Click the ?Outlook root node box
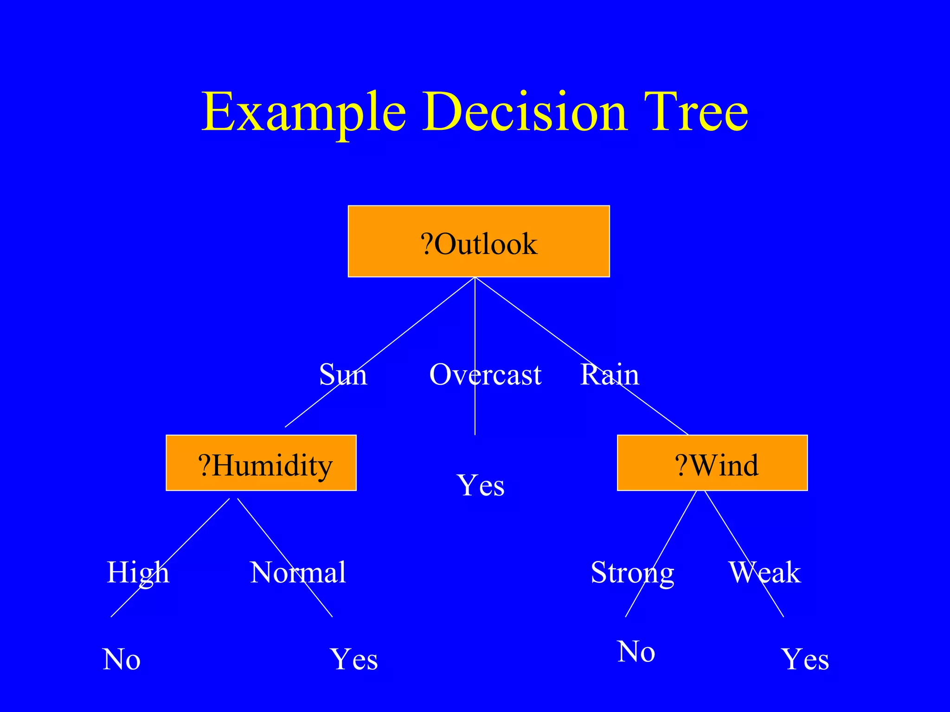479,242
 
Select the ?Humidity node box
261,463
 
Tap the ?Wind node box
712,463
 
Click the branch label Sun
343,375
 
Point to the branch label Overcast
485,375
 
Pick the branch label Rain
610,375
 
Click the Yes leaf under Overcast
481,485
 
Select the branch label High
138,572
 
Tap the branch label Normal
298,572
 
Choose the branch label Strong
632,572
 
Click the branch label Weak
764,572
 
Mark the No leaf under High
122,659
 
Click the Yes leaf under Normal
354,659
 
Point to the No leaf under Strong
636,651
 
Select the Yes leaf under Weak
805,659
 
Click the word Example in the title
304,113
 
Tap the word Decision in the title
525,113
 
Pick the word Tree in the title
696,113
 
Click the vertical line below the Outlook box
475,324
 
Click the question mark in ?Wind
680,466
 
